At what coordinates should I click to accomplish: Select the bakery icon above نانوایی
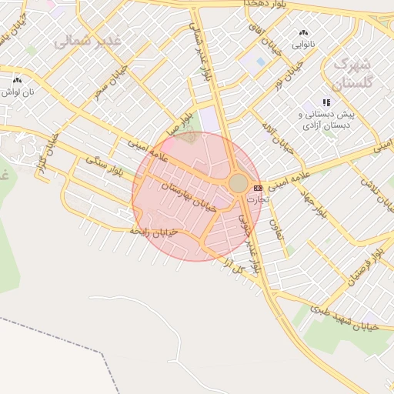pyautogui.click(x=302, y=33)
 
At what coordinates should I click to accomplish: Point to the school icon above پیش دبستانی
pyautogui.click(x=326, y=102)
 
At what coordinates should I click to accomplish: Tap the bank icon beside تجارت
pyautogui.click(x=257, y=187)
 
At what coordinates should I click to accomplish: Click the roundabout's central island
pyautogui.click(x=239, y=183)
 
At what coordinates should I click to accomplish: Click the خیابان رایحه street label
pyautogui.click(x=154, y=230)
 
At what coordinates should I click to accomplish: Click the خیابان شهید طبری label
pyautogui.click(x=343, y=318)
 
